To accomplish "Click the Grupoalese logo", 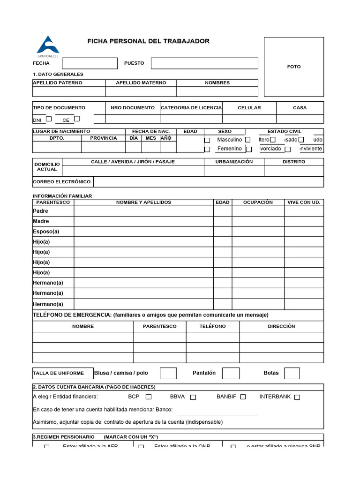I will click(48, 45).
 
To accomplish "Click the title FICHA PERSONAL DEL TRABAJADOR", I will click(148, 41).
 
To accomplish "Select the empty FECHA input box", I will click(90, 63).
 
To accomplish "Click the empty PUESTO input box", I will click(204, 63).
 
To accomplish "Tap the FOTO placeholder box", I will click(293, 67).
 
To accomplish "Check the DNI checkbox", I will click(49, 119).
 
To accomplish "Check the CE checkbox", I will click(77, 119).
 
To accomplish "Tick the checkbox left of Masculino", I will click(207, 140).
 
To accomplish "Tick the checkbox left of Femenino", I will click(207, 149).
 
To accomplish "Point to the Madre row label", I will click(41, 221).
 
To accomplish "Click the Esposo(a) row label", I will click(46, 232).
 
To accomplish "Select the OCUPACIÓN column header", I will click(258, 202).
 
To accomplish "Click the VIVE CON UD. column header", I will click(304, 202).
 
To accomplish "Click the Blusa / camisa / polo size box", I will click(168, 373).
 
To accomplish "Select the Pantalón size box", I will click(231, 373).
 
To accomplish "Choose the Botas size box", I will click(292, 373).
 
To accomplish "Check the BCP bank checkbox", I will click(149, 397).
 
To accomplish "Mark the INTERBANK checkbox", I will click(297, 397).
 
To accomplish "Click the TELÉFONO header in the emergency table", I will click(212, 326).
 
